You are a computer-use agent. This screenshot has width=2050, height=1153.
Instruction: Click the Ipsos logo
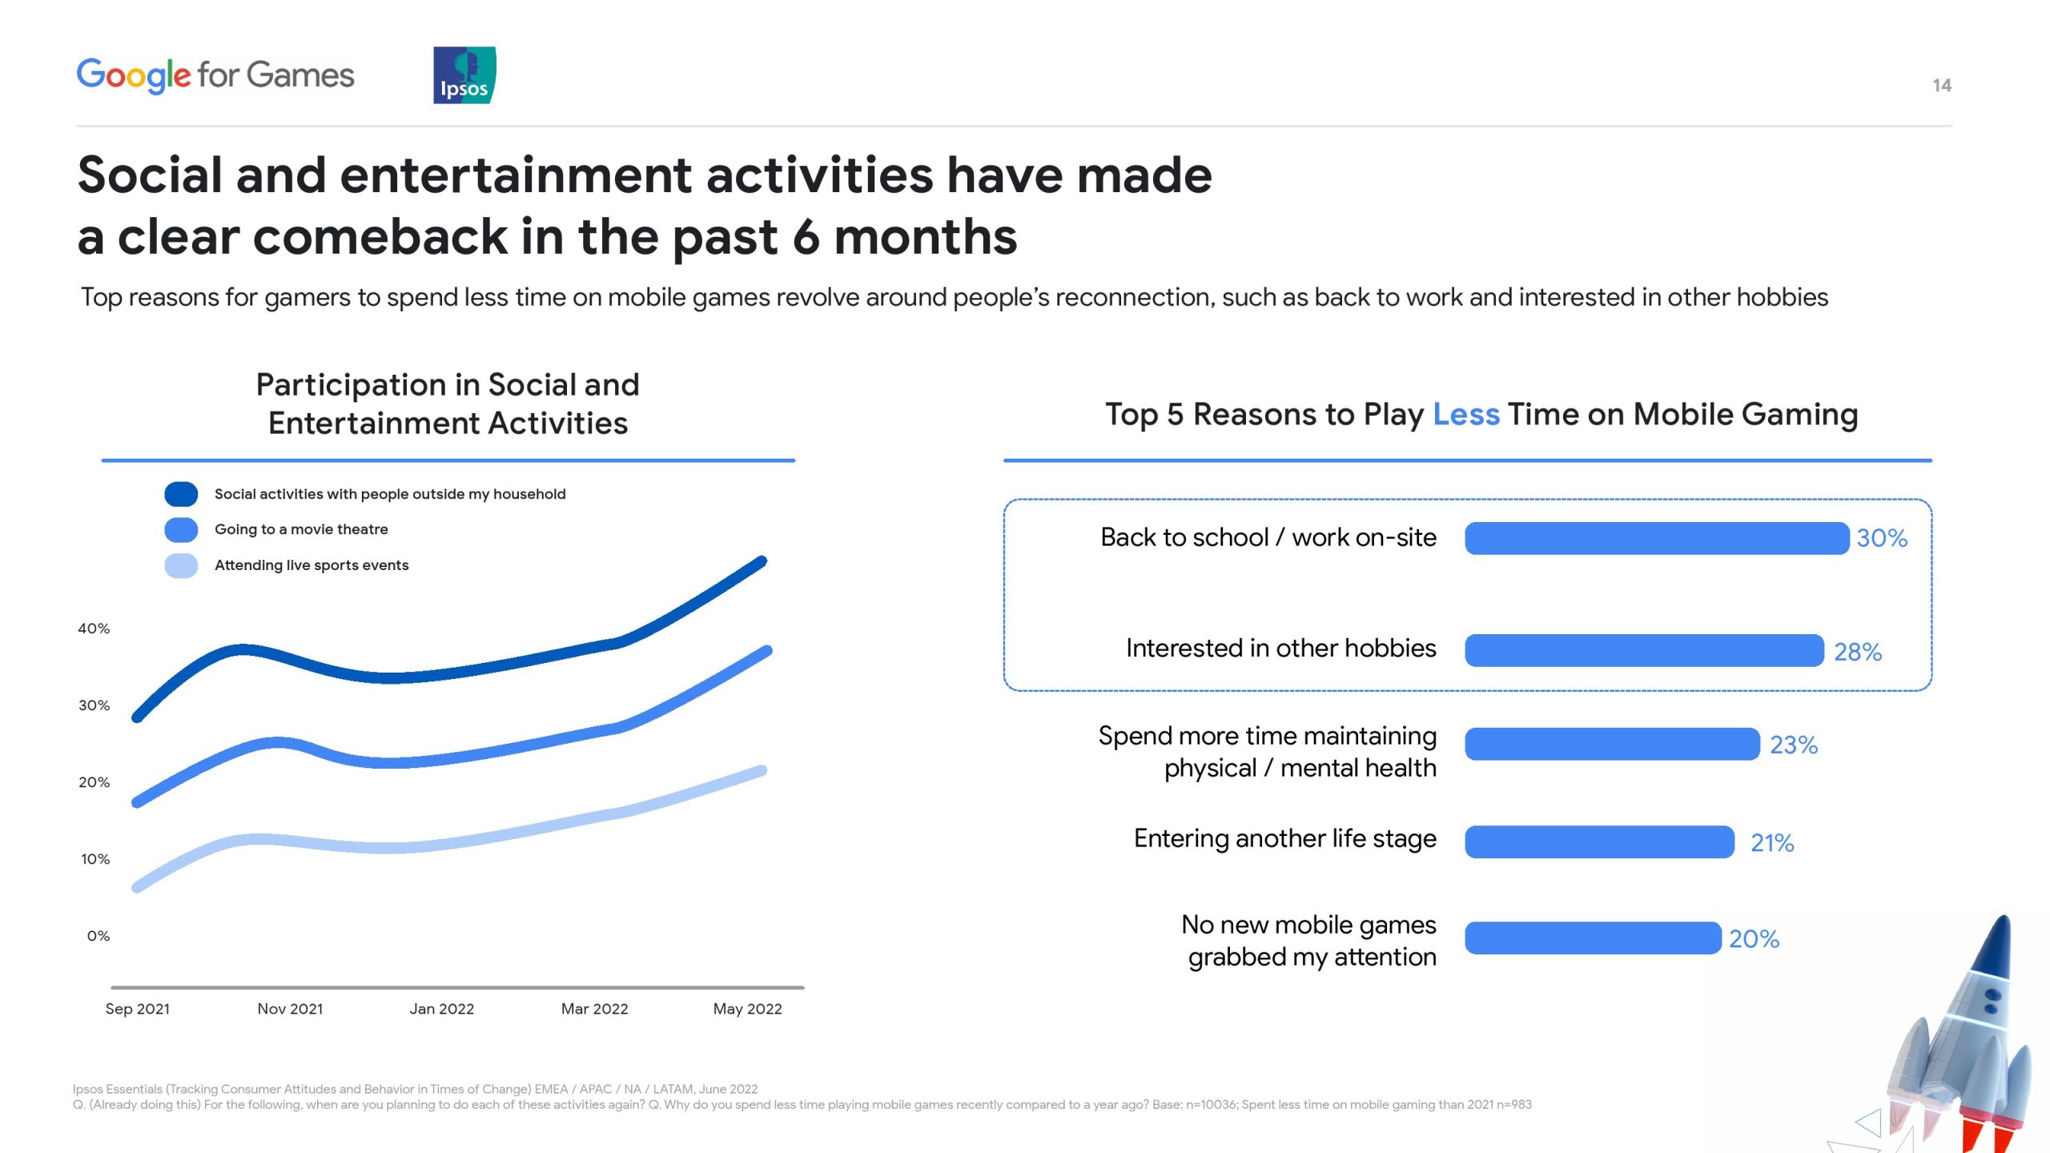464,75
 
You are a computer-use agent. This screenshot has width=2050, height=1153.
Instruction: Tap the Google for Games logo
215,76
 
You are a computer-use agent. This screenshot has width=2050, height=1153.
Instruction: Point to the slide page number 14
1942,86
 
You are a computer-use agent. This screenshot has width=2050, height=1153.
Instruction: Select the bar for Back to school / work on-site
1657,538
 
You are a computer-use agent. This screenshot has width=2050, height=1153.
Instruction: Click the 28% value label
1858,652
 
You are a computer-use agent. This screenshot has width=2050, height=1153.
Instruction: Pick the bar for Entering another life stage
1600,842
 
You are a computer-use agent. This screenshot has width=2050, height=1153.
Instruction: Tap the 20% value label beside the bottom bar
1754,938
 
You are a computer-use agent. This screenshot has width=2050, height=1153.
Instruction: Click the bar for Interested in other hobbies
1645,650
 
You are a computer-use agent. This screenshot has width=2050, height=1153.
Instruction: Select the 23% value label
1794,745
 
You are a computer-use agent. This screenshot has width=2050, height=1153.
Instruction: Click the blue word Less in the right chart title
1466,414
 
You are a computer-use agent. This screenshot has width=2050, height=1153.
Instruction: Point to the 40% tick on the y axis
94,629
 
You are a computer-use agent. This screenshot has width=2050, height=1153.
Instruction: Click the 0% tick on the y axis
98,935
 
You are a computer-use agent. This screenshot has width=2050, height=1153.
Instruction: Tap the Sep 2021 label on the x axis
138,1009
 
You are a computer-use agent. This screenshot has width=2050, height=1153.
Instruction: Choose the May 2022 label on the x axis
748,1009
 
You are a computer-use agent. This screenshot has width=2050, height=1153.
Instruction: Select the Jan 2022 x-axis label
442,1009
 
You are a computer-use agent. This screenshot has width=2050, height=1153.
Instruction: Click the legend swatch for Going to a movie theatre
181,529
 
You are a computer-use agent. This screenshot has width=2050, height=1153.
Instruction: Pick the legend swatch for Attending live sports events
181,565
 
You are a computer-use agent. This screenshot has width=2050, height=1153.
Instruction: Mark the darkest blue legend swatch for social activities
181,494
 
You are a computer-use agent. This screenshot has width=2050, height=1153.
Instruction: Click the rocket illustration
1954,1041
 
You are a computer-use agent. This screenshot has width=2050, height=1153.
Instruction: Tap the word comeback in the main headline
380,237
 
